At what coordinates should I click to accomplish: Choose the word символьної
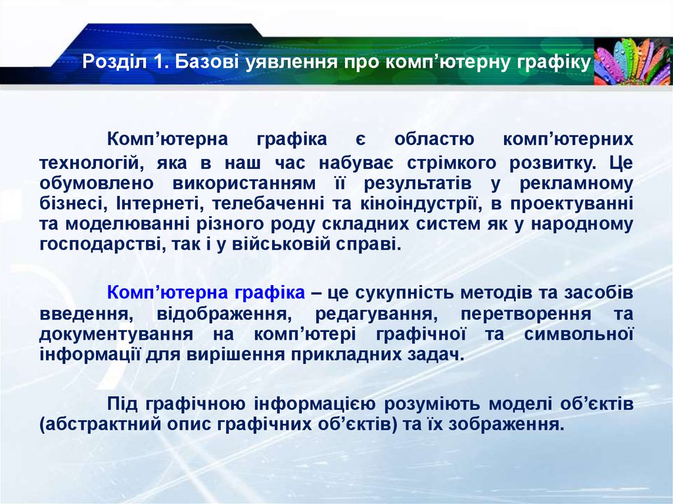[x=578, y=334]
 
